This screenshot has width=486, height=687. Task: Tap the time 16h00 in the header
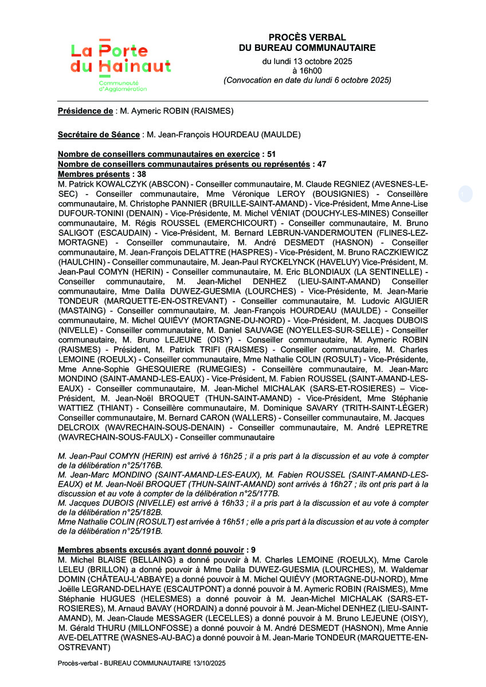tap(307, 70)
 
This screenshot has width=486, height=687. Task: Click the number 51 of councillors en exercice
tap(271, 155)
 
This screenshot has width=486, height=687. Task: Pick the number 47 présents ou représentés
tap(322, 164)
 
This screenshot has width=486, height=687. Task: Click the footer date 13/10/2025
tap(208, 663)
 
